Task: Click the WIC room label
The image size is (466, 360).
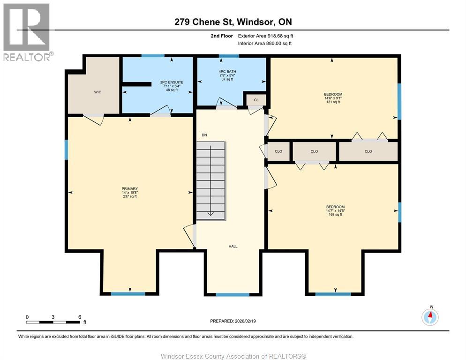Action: point(97,92)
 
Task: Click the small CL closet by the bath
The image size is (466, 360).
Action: point(256,100)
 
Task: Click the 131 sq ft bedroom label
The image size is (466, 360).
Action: point(333,98)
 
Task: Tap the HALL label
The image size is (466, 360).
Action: point(233,246)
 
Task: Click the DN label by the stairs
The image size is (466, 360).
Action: point(204,135)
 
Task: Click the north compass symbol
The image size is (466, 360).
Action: point(430,317)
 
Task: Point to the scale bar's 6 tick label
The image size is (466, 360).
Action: point(80,317)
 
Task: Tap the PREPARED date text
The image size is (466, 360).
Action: point(233,321)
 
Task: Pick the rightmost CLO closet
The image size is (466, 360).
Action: point(368,151)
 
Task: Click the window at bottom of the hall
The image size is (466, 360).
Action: point(233,295)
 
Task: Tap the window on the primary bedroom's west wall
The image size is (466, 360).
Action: point(67,149)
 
